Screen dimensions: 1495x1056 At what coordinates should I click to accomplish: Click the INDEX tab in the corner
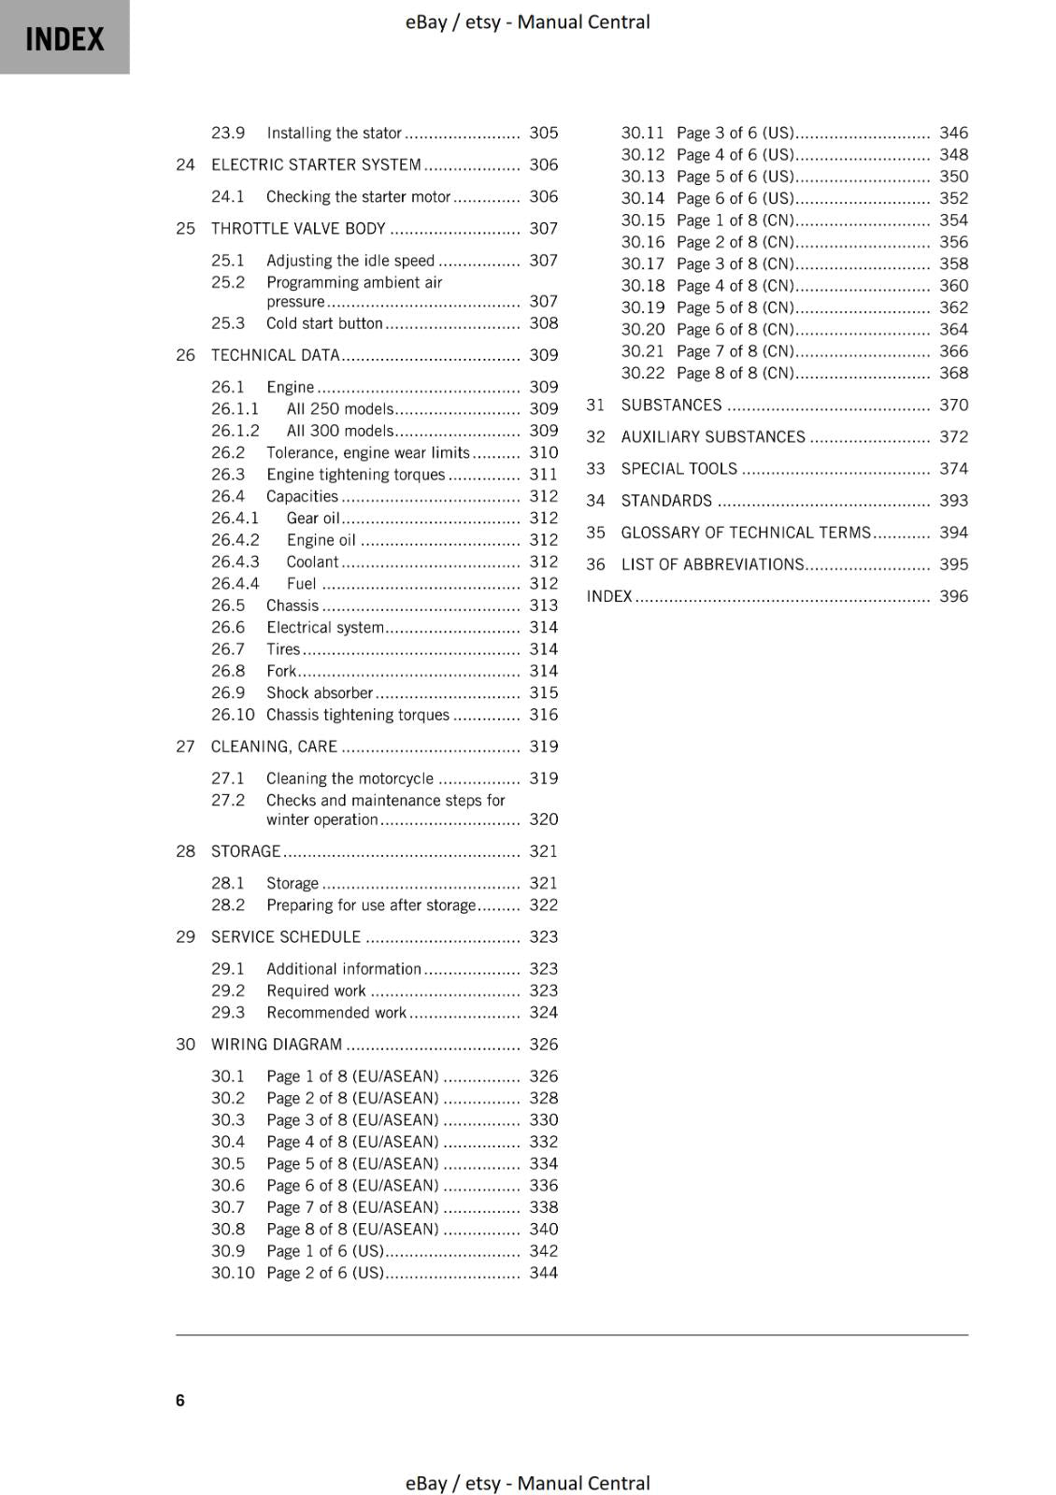64,38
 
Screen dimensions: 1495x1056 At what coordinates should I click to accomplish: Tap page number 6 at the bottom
180,1400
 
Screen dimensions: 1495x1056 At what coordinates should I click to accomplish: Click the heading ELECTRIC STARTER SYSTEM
316,165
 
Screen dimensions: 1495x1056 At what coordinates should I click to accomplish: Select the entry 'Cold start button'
324,323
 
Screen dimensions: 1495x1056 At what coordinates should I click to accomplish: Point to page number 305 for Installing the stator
543,134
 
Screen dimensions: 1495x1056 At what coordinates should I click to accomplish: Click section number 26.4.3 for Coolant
235,562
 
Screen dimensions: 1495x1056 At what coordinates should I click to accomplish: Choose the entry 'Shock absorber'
320,693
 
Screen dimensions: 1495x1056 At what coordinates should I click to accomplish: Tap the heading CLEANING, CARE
274,747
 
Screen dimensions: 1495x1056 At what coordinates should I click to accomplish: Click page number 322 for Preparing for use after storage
543,905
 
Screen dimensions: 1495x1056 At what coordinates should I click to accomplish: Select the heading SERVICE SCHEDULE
285,937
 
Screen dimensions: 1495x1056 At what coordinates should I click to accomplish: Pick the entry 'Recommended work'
336,1013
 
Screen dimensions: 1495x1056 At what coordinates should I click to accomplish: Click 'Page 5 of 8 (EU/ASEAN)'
352,1164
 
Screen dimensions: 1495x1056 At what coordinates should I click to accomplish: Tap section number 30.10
233,1274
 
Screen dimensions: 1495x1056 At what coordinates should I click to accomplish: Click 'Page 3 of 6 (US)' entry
735,134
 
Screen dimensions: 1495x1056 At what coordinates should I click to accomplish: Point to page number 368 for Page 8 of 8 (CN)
953,374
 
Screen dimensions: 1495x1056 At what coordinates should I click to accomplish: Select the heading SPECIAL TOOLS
678,469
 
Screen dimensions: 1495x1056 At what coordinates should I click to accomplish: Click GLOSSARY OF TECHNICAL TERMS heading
746,533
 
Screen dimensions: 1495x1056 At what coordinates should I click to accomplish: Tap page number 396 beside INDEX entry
953,596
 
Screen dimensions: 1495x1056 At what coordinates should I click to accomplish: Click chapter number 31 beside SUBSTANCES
595,406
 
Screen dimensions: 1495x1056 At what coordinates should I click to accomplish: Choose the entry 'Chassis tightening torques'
358,715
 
